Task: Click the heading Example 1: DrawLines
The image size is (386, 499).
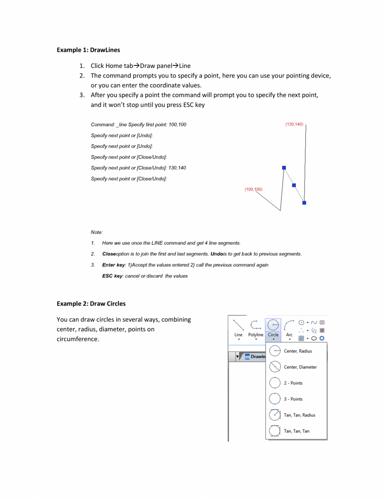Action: [x=88, y=50]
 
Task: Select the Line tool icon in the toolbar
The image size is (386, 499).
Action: [x=238, y=325]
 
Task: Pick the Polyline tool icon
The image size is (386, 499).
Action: [x=255, y=325]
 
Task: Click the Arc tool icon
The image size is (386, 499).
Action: [x=289, y=325]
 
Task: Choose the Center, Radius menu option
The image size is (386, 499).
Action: [x=297, y=351]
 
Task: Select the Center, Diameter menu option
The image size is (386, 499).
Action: [x=300, y=367]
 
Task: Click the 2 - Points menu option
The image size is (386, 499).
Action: [x=293, y=383]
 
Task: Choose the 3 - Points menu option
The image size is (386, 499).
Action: [x=293, y=399]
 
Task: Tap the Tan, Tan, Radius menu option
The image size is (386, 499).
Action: [x=299, y=415]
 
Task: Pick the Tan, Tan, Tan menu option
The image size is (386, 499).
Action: [x=297, y=431]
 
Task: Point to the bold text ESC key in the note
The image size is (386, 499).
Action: [x=112, y=276]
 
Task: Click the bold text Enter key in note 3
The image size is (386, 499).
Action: [x=114, y=265]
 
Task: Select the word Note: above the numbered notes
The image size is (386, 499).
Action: [x=97, y=232]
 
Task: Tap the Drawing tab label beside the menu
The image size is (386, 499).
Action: [x=257, y=356]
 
